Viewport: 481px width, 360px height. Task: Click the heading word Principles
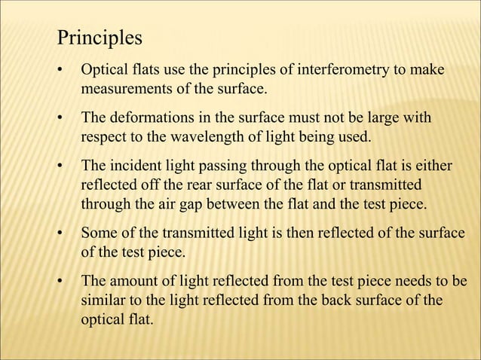coord(100,37)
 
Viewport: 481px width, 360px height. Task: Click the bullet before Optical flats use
coord(60,72)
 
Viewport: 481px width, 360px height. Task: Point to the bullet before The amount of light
coord(60,281)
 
